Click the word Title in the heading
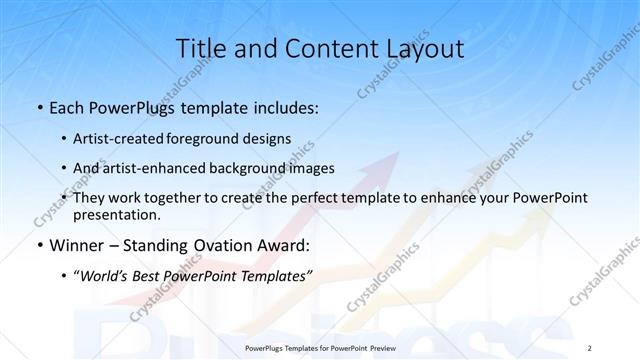coord(200,48)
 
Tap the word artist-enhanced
coord(150,168)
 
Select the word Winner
coord(76,244)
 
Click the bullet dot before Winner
coord(38,245)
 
